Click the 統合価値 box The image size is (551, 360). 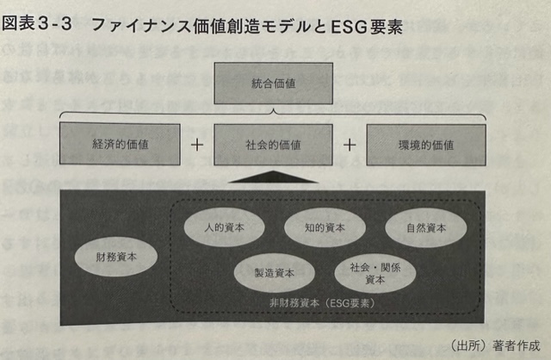(274, 84)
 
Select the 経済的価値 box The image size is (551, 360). (120, 144)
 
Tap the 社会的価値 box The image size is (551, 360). (273, 145)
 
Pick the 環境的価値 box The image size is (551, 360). (426, 145)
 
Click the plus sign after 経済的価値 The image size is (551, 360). (197, 145)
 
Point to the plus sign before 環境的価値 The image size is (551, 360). (350, 145)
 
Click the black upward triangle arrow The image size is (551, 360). (273, 177)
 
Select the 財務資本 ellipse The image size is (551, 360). (116, 257)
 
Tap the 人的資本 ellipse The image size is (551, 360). (224, 227)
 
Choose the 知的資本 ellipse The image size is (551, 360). (325, 227)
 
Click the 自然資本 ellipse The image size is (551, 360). (426, 228)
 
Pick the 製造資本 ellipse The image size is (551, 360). (275, 273)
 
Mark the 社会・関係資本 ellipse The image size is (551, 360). (375, 274)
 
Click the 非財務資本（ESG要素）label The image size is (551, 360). (322, 303)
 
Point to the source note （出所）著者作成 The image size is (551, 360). (495, 345)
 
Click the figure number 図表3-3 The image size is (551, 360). (37, 24)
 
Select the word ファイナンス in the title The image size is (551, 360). (141, 25)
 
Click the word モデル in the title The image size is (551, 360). (285, 26)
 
